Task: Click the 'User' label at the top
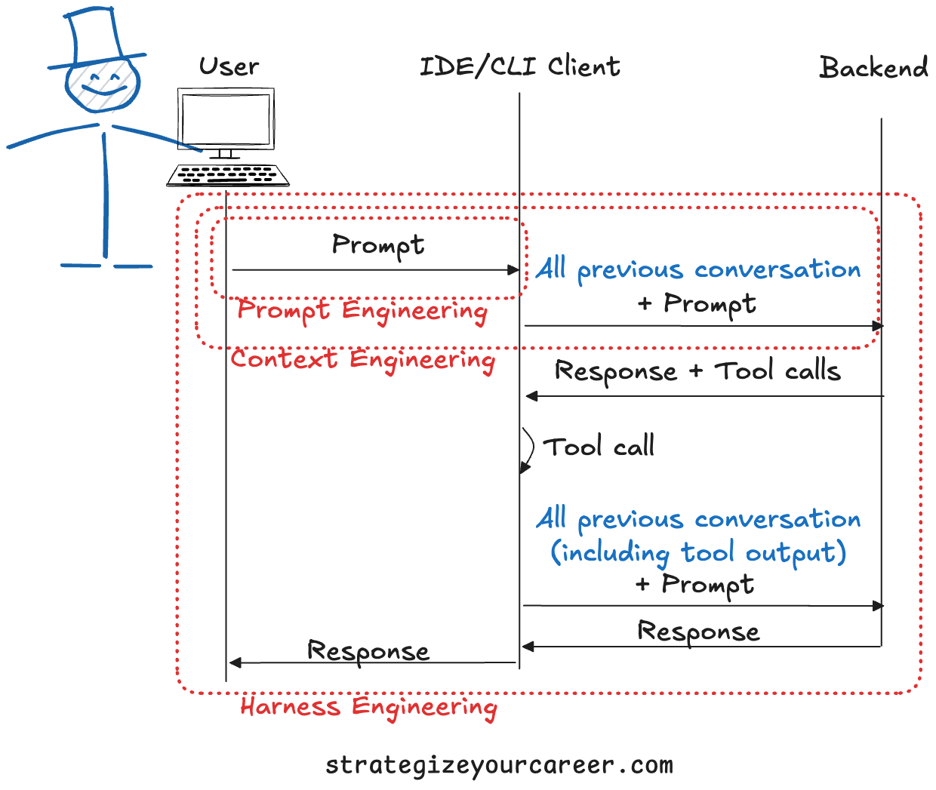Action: click(229, 67)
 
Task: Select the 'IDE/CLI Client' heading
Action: click(519, 66)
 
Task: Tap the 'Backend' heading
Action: click(873, 68)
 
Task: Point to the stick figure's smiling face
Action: click(102, 85)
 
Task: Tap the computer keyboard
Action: click(228, 175)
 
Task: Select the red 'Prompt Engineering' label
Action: click(362, 311)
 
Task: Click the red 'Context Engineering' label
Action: click(363, 360)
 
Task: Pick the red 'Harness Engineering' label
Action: click(368, 708)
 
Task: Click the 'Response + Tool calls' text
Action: click(697, 371)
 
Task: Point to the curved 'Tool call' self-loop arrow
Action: click(528, 450)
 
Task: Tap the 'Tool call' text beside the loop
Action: click(599, 447)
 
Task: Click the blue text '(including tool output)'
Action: click(698, 552)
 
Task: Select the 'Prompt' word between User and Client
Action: click(378, 245)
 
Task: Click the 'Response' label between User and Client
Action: click(368, 651)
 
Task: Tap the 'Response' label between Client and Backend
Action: click(698, 632)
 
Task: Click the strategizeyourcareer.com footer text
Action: click(499, 765)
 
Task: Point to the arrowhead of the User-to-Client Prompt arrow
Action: click(513, 269)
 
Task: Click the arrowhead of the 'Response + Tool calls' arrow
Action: click(531, 396)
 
